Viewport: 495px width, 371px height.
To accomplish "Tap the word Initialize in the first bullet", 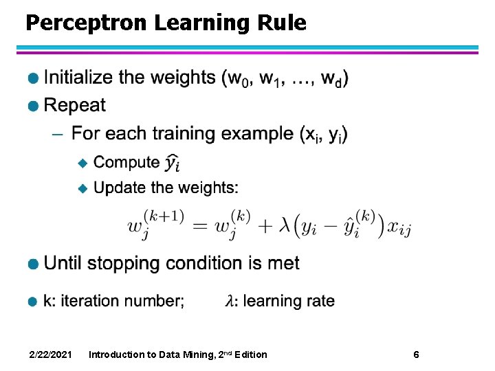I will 78,77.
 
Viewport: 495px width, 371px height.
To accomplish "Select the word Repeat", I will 74,105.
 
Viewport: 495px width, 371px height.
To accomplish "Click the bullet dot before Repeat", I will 32,106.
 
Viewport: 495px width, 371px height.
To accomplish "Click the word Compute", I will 126,163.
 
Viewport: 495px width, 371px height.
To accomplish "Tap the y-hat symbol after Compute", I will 173,163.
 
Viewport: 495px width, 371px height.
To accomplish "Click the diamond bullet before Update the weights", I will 82,188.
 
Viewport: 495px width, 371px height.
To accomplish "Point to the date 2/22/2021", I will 51,355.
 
